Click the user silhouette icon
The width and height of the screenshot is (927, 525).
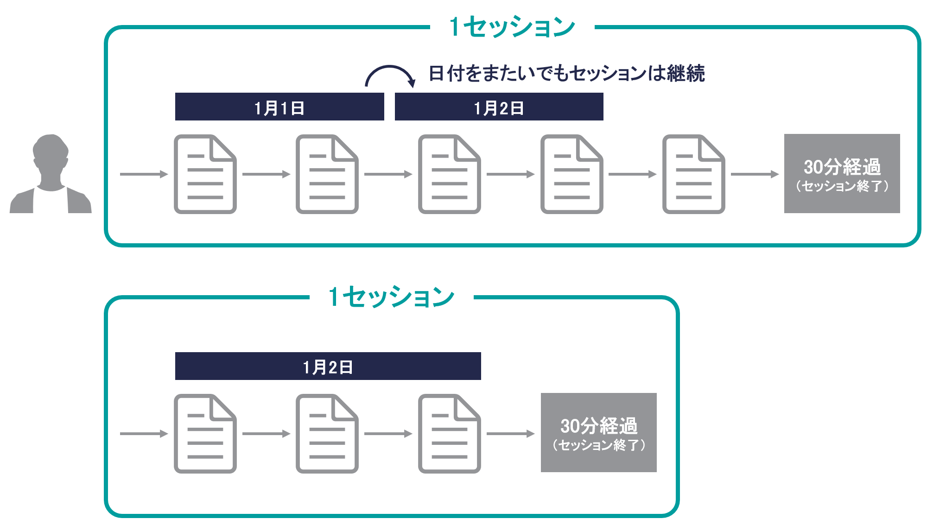click(x=51, y=175)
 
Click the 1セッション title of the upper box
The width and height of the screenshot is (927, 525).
click(x=512, y=27)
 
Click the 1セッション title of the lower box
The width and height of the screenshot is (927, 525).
click(x=391, y=297)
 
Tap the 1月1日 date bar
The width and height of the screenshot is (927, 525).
click(x=279, y=107)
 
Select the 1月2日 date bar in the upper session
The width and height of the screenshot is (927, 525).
click(x=499, y=107)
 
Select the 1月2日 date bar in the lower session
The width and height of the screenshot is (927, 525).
click(x=328, y=367)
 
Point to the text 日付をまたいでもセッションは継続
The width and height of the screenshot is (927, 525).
click(x=566, y=73)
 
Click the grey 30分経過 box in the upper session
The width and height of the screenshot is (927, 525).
click(x=842, y=173)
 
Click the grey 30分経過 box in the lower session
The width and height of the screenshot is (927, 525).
click(x=598, y=432)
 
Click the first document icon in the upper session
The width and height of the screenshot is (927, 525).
click(x=205, y=174)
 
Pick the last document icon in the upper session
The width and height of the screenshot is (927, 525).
click(x=693, y=174)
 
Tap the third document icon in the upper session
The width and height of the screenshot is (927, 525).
click(x=449, y=174)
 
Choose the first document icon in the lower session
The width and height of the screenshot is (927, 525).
click(x=205, y=434)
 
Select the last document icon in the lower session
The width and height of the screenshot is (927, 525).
click(x=449, y=434)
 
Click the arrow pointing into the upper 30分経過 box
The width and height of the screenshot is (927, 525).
click(x=755, y=174)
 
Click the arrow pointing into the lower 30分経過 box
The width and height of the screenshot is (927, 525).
click(x=510, y=434)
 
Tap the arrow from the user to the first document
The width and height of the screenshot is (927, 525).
click(x=144, y=174)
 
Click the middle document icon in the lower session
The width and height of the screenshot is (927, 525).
click(x=327, y=434)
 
